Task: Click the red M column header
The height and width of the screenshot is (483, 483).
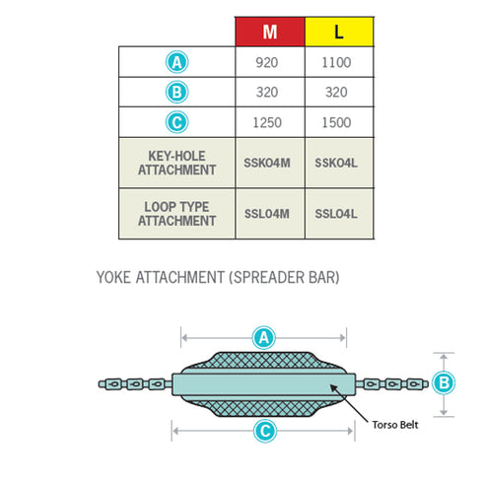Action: [x=270, y=32]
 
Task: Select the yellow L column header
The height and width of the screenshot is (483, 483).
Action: [x=339, y=32]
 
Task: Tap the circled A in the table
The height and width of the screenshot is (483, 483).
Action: [x=176, y=62]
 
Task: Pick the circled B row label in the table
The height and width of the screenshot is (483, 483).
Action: [x=176, y=92]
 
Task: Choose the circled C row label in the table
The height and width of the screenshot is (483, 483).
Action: [x=176, y=122]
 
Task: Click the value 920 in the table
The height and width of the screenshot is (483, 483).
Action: [x=267, y=62]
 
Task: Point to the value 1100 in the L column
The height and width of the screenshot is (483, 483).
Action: [x=336, y=62]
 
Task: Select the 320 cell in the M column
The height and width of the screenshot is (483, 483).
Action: [x=267, y=92]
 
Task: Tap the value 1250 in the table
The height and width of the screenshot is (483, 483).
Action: [x=267, y=122]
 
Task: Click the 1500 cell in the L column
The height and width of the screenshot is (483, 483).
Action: [x=336, y=122]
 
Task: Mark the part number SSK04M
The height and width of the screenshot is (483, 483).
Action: [x=267, y=163]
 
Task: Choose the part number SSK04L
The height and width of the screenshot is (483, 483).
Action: [x=336, y=163]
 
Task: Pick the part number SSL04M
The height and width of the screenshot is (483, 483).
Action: [x=267, y=214]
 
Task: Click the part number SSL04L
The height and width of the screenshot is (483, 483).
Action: [x=336, y=214]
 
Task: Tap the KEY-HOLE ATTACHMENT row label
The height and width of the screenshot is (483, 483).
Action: [x=176, y=163]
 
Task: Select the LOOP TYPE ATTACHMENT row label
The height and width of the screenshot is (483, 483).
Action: [x=176, y=214]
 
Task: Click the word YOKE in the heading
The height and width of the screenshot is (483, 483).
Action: [x=113, y=277]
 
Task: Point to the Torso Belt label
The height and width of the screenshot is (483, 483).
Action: [x=395, y=425]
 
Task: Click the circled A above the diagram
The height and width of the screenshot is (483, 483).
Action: [x=263, y=338]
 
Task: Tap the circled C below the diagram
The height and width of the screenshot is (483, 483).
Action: [x=265, y=431]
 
